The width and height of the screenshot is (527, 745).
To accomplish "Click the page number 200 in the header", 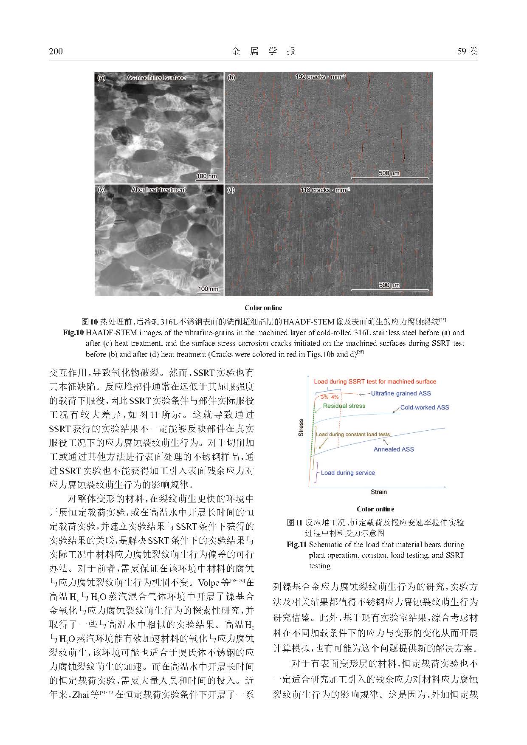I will pos(56,51).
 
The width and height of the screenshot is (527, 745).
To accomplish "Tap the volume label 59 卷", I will pos(467,51).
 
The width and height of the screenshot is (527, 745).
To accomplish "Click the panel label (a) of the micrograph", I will pos(101,78).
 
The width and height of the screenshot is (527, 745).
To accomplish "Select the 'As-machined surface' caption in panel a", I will pos(156,78).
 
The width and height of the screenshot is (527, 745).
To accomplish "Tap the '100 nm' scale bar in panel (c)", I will pos(208,289).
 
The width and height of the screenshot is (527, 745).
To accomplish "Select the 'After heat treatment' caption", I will pos(158,190).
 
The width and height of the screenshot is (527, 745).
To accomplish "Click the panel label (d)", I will pos(231,190).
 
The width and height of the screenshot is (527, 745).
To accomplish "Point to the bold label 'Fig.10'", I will pos(74,333).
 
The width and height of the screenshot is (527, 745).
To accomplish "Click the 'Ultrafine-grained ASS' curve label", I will pos(400,393).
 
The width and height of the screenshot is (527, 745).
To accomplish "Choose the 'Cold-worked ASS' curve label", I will pos(424,407).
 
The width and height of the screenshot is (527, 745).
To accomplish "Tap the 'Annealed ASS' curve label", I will pos(394,449).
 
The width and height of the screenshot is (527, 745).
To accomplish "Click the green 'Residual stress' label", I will pos(344,406).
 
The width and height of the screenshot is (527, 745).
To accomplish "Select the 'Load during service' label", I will pos(348,473).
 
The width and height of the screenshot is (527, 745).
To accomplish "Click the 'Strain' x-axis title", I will pos(379,492).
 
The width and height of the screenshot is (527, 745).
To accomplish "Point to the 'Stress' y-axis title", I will pos(301,428).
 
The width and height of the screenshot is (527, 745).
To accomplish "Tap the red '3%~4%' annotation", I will pos(330,397).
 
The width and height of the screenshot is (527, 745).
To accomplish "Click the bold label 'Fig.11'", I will pos(297,545).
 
